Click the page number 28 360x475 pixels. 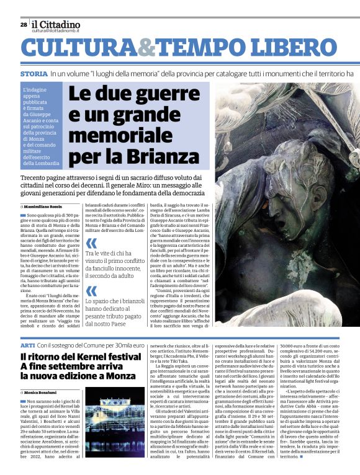(x=24, y=25)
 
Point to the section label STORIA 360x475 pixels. (x=34, y=73)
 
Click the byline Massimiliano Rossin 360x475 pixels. (x=44, y=205)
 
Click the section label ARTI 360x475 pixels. (x=27, y=344)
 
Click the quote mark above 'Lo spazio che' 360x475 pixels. (x=91, y=291)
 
